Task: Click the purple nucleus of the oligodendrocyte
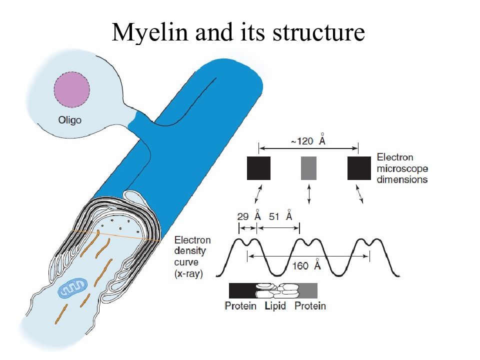tap(72, 89)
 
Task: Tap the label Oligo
tap(70, 119)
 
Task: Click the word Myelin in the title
tap(149, 32)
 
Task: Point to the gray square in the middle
tap(308, 168)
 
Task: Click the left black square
tap(258, 168)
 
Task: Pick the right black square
tap(359, 168)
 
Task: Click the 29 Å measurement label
tap(249, 215)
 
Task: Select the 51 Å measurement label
tap(280, 215)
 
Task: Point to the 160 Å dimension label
tap(306, 264)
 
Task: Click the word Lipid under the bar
tap(275, 306)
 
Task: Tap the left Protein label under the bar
tap(240, 306)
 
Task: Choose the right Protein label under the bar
tap(310, 306)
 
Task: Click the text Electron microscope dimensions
tap(402, 168)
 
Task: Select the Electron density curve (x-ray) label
tap(192, 256)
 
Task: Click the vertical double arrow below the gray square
tap(309, 193)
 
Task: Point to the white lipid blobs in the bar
tap(276, 290)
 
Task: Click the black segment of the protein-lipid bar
tap(242, 290)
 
